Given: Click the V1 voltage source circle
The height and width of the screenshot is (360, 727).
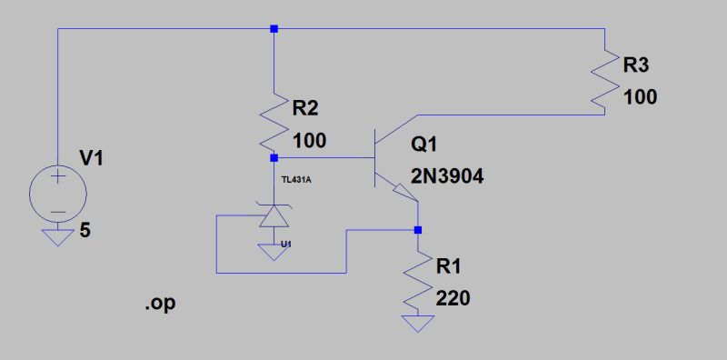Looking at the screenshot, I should tap(57, 194).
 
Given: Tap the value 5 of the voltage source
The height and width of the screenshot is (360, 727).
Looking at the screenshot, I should tap(85, 231).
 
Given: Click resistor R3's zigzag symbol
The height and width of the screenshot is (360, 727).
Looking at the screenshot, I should tap(604, 79).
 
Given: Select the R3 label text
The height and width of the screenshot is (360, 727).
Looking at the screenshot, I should tap(637, 65).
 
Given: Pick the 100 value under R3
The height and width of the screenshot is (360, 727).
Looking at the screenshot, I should tap(641, 96).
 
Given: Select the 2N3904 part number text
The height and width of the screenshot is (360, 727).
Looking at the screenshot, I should tap(447, 178).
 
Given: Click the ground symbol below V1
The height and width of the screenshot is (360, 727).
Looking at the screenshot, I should tap(57, 237).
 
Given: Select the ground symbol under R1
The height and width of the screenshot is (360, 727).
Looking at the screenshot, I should tap(418, 323).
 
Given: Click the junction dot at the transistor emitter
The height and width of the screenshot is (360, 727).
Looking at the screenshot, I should tap(418, 230).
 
